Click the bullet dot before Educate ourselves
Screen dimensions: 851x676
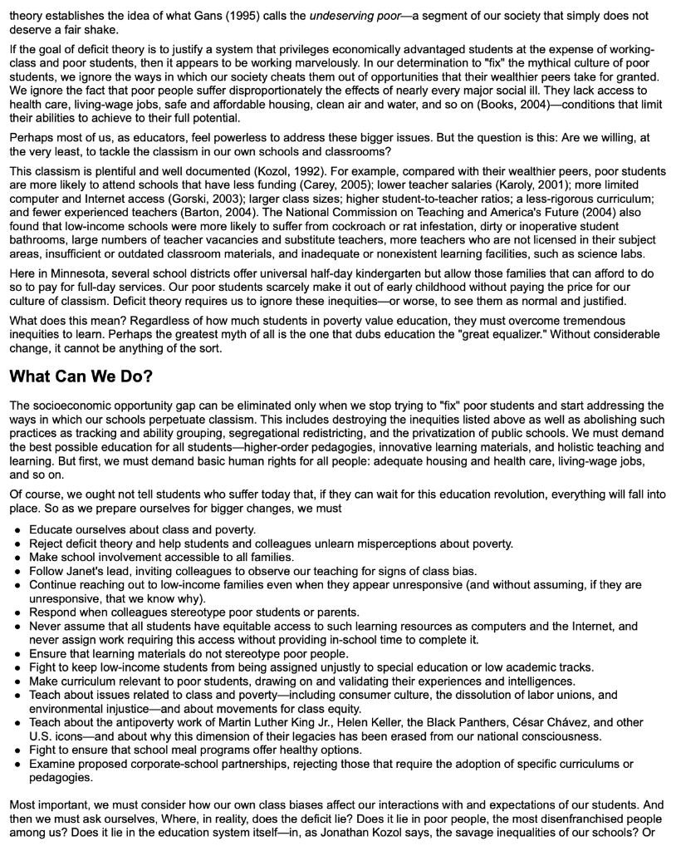point(17,530)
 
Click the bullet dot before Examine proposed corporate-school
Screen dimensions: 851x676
point(17,763)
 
